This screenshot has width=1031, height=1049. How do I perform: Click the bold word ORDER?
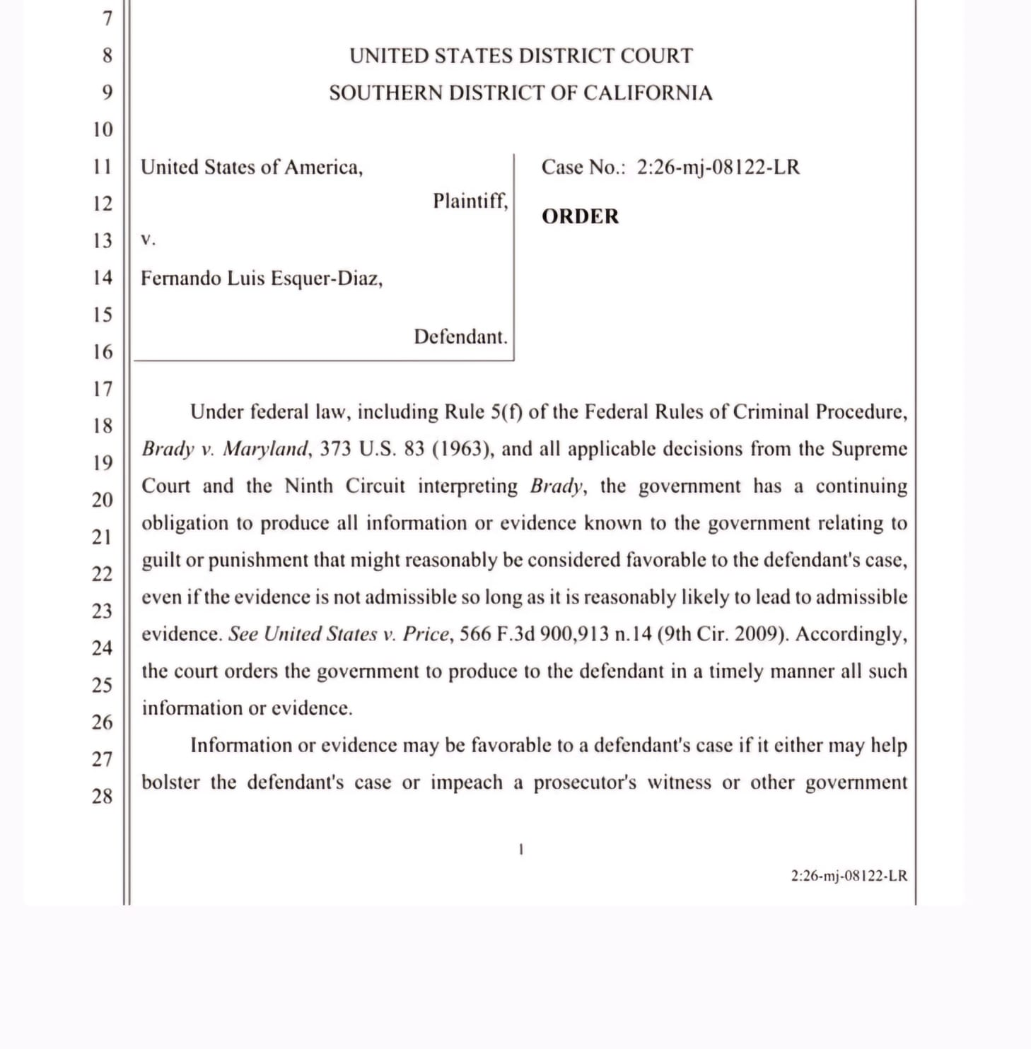(x=580, y=216)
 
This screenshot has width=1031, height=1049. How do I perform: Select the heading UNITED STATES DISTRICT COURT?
(x=521, y=56)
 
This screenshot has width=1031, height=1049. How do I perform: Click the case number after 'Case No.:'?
(x=718, y=168)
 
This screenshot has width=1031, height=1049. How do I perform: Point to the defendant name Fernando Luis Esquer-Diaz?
(x=262, y=279)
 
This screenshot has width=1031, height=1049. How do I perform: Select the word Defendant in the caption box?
(x=460, y=336)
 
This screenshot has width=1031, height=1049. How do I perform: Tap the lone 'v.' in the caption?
(x=148, y=240)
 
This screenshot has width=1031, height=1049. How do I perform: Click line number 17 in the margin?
(x=103, y=389)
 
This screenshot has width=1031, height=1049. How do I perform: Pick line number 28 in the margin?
(x=103, y=797)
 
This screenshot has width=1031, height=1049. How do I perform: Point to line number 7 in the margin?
(x=107, y=18)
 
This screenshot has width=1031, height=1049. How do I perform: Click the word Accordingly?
(x=851, y=634)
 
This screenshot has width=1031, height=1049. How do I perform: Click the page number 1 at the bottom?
(x=521, y=850)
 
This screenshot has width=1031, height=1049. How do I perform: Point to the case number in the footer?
(x=849, y=876)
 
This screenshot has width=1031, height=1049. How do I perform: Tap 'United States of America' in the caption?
(x=251, y=168)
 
